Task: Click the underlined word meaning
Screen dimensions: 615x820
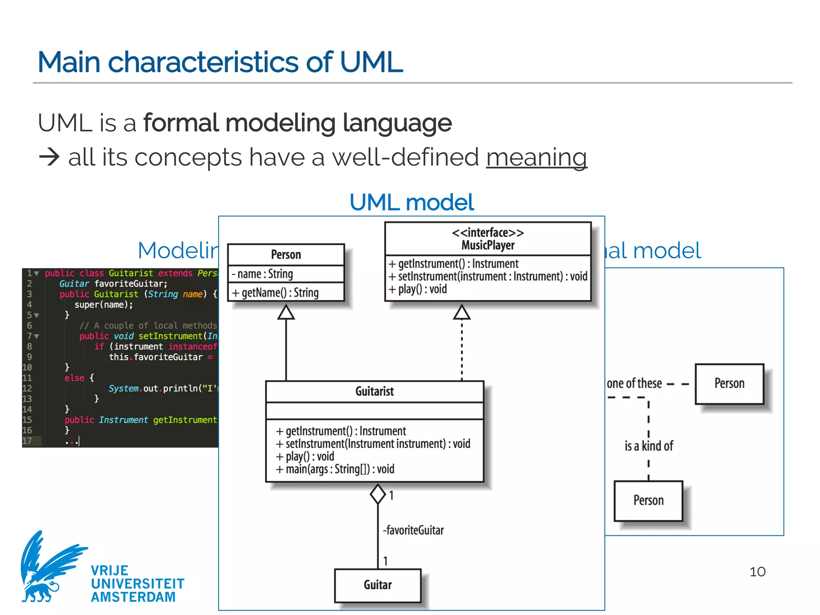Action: coord(537,157)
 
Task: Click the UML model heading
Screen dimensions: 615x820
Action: coord(412,202)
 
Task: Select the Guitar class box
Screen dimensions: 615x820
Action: coord(378,585)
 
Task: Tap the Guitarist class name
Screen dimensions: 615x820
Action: coord(374,391)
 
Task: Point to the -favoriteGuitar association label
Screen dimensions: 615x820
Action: coord(414,530)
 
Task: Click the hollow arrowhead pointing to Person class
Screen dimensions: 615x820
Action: coord(286,313)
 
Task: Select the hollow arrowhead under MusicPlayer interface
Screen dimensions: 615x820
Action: coord(462,312)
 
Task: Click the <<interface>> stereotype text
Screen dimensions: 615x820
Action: coord(488,233)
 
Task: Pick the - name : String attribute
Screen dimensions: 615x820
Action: coord(263,274)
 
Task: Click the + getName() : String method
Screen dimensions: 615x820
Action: coord(275,293)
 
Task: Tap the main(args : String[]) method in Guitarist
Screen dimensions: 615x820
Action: coord(335,469)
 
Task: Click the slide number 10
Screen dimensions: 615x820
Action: coord(757,571)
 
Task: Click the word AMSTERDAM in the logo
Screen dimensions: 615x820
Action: coord(133,597)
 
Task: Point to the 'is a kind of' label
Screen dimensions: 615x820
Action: coord(649,446)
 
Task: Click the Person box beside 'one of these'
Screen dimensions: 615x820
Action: coord(729,384)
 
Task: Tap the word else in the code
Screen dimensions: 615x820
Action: coord(74,378)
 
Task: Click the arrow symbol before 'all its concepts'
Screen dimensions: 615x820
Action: coord(49,157)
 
